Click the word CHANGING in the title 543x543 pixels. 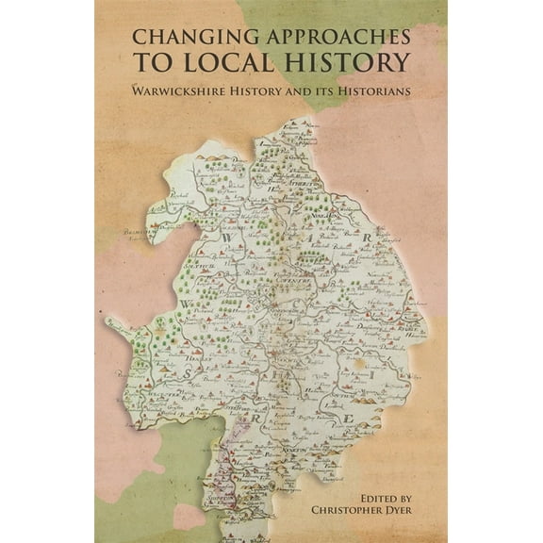click(x=180, y=38)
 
